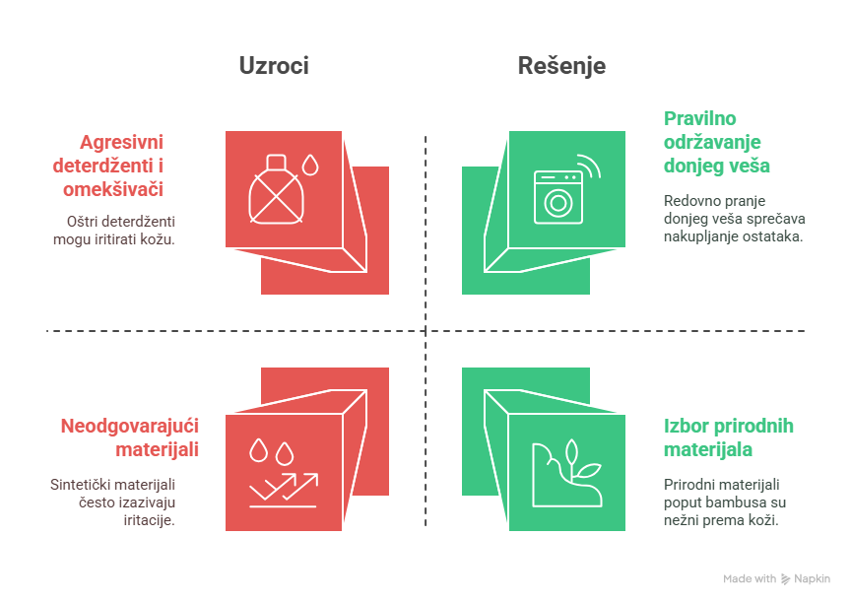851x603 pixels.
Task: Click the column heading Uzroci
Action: click(x=274, y=66)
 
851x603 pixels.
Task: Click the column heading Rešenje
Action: click(x=561, y=66)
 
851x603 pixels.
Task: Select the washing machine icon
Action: click(x=557, y=196)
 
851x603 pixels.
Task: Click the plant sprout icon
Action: click(x=569, y=473)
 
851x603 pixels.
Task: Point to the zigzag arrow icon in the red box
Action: click(x=284, y=489)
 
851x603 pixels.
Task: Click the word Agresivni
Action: click(x=122, y=140)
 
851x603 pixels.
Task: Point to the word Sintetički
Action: click(x=84, y=484)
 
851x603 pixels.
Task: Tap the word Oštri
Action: click(x=83, y=221)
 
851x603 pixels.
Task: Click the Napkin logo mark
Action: click(x=785, y=579)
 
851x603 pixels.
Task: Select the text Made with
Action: click(x=750, y=579)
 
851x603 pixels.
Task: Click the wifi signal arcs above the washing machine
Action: click(x=588, y=166)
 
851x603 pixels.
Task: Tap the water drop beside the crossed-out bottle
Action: click(x=311, y=164)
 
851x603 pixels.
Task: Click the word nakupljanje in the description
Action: click(x=700, y=236)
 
